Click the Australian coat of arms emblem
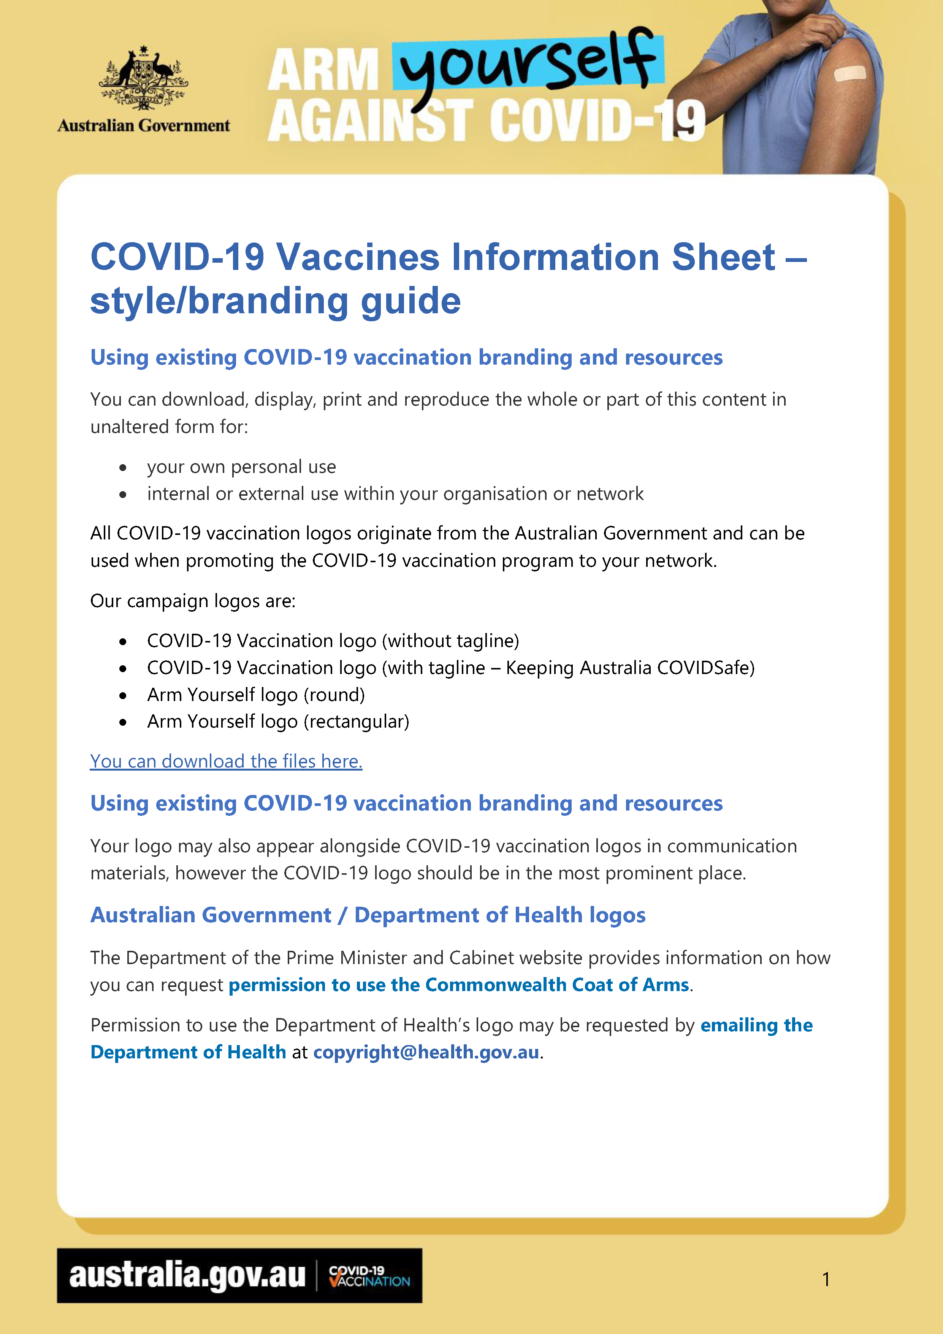(144, 78)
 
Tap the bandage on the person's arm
(849, 74)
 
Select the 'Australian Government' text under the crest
(144, 125)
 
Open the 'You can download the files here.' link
(226, 761)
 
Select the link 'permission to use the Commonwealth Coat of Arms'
(458, 985)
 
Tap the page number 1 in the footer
(826, 1279)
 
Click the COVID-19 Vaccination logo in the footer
(369, 1276)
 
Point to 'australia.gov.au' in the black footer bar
(187, 1276)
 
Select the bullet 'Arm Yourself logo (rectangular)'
(278, 721)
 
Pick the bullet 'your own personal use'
(241, 466)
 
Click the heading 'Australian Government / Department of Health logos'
(368, 915)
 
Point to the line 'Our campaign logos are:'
(193, 601)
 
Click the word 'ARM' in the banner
(323, 70)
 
